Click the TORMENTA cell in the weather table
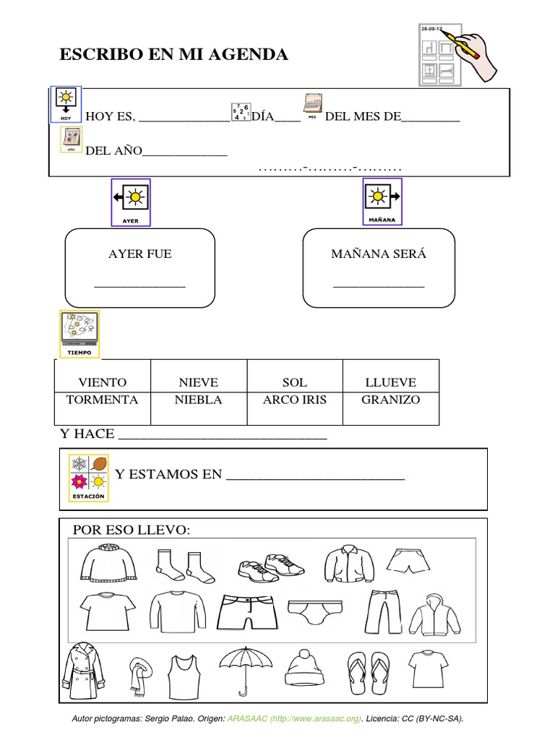pos(102,400)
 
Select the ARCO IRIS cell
pos(295,400)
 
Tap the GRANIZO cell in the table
pos(390,400)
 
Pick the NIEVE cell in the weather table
pos(199,382)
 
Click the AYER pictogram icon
pos(131,202)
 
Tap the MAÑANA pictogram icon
pos(382,202)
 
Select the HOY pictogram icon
pos(66,104)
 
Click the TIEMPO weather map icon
pos(79,335)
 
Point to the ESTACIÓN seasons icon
pos(88,478)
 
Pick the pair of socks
pos(185,565)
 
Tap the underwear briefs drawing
pos(314,611)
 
